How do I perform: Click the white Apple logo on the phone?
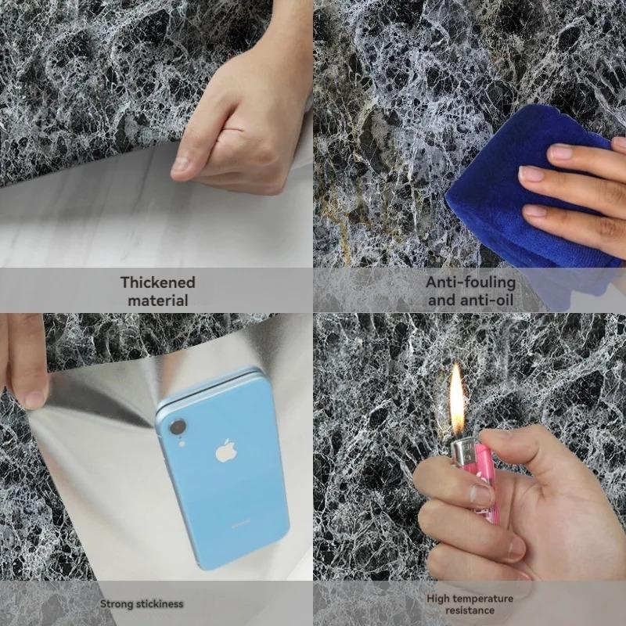coord(226,452)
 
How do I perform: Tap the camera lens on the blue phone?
coord(178,427)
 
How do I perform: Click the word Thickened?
coord(157,282)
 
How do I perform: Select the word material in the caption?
coord(157,300)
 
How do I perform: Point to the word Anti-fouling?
coord(470,282)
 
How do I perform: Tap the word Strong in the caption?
coord(117,603)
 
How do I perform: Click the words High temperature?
coord(470,599)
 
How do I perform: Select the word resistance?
coord(470,610)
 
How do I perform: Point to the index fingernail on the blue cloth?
coord(560,152)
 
